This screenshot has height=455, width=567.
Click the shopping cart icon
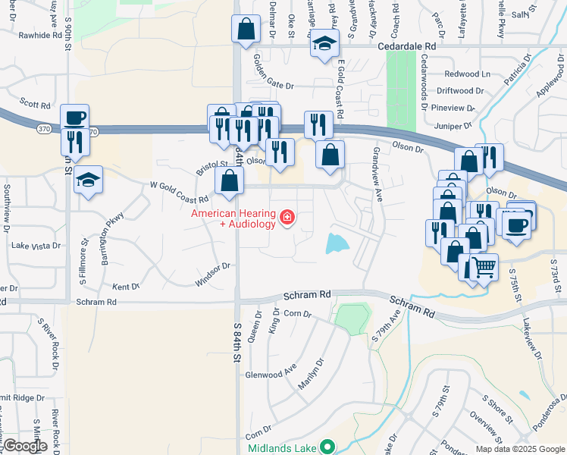tap(484, 267)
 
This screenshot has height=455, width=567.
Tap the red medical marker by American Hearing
tap(287, 219)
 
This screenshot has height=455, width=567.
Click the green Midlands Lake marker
tap(327, 447)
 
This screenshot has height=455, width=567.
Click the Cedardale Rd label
tap(408, 45)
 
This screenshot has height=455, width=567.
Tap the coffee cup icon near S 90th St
tap(74, 118)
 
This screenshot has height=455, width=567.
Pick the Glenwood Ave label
tap(271, 374)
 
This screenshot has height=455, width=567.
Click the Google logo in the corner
tap(25, 445)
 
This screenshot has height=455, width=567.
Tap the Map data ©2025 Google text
tap(518, 448)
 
